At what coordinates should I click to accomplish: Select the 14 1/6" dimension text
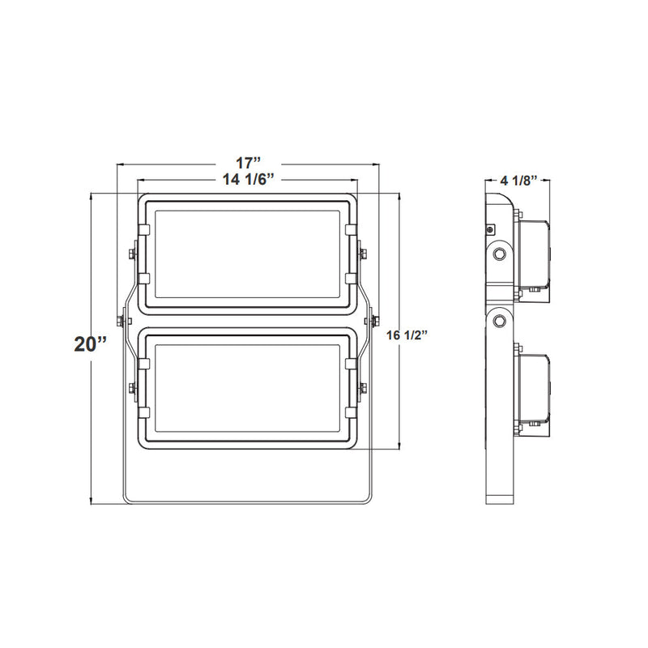pos(248,181)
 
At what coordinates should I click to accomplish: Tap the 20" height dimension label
pos(90,343)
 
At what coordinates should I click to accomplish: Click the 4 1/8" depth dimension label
pos(518,180)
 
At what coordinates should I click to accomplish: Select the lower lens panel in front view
pos(248,386)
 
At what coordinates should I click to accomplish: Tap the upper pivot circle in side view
pos(501,254)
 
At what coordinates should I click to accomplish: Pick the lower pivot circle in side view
pos(501,321)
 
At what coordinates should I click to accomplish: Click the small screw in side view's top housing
pos(491,229)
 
